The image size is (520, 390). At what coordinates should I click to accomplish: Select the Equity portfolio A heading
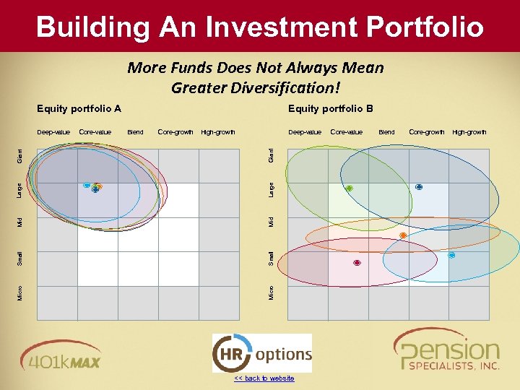pyautogui.click(x=79, y=109)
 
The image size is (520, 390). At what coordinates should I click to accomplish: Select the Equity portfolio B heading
pyautogui.click(x=330, y=109)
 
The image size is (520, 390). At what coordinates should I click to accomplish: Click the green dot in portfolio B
pyautogui.click(x=349, y=188)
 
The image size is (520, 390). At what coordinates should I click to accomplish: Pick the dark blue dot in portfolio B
pyautogui.click(x=419, y=187)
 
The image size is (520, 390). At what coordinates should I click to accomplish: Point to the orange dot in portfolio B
pyautogui.click(x=403, y=235)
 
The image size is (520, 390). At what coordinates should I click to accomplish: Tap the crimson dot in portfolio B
pyautogui.click(x=357, y=263)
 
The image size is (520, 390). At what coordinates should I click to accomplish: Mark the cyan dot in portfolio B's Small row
pyautogui.click(x=451, y=255)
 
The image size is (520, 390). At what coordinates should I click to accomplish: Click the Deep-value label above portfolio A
pyautogui.click(x=53, y=132)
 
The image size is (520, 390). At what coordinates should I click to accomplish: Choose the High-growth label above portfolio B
pyautogui.click(x=469, y=132)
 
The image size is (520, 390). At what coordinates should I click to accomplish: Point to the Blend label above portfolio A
pyautogui.click(x=135, y=132)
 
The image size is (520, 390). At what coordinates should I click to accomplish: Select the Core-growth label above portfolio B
pyautogui.click(x=426, y=132)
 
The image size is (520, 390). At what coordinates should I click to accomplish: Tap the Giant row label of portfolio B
pyautogui.click(x=271, y=155)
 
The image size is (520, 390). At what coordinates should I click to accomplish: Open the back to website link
pyautogui.click(x=264, y=378)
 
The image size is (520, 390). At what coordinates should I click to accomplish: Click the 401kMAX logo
pyautogui.click(x=61, y=353)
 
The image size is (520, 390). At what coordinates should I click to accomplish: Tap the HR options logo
pyautogui.click(x=262, y=354)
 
